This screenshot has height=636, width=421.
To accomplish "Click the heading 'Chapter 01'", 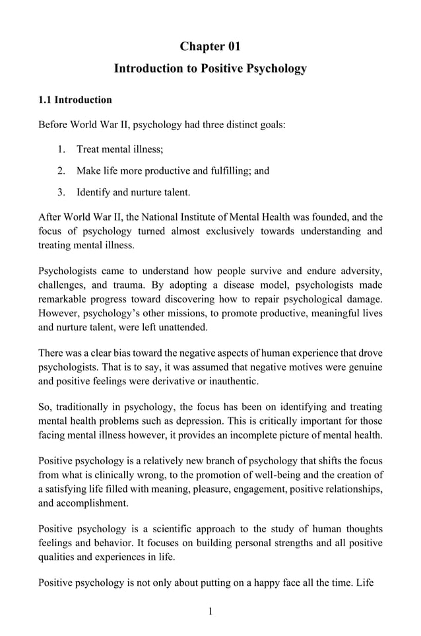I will (210, 46).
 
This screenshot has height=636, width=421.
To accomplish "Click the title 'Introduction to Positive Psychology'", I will (210, 69).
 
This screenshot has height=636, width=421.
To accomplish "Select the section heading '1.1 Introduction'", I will (75, 100).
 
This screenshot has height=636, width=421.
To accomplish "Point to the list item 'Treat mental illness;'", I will (119, 149).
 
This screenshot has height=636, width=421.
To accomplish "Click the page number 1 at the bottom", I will (210, 611).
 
